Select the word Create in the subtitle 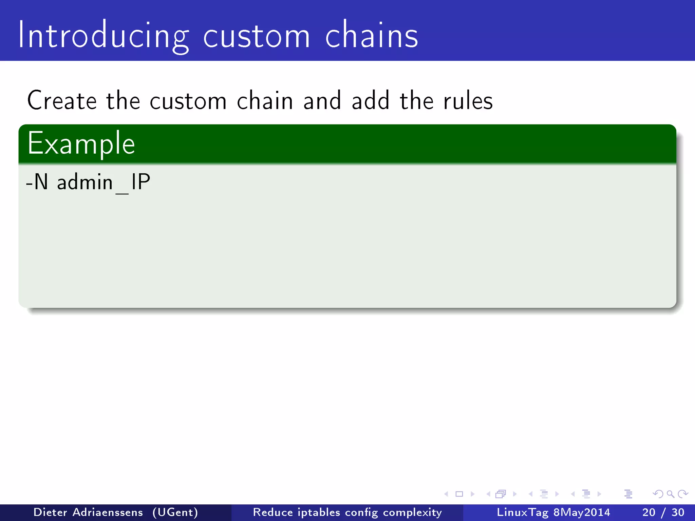coord(62,101)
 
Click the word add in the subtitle coord(370,101)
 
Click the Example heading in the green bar coord(81,144)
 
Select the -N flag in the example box coord(37,182)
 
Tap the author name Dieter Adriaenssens coord(88,512)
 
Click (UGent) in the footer coord(175,512)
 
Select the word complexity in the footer coord(412,513)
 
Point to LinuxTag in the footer coord(523,512)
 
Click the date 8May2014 coord(582,512)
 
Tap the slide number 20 coord(649,512)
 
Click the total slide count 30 coord(678,512)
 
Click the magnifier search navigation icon coord(670,494)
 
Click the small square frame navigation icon coord(459,494)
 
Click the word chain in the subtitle coord(265,101)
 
